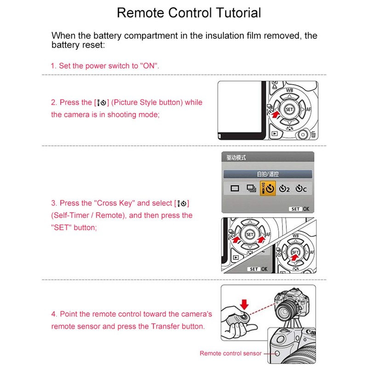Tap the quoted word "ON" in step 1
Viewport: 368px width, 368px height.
[149, 66]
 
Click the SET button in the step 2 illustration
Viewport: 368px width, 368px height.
[289, 109]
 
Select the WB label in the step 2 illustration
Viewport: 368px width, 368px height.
[289, 91]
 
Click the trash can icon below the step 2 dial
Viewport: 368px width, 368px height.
[313, 135]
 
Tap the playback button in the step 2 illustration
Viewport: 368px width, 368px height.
[274, 134]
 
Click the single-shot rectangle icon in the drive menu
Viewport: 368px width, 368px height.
[235, 188]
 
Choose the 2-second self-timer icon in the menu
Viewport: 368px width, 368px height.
[285, 188]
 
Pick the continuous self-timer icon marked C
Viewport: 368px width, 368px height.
[301, 188]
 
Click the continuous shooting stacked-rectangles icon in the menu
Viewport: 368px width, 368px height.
[251, 188]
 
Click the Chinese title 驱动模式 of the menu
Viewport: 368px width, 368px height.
[236, 158]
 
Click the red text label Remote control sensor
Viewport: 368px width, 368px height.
[230, 353]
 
